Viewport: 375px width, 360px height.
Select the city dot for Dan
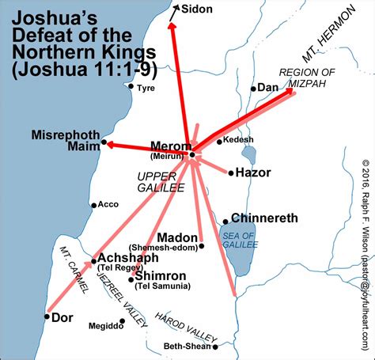(253, 89)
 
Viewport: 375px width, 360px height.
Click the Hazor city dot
(230, 172)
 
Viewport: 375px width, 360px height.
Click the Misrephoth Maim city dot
(104, 142)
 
